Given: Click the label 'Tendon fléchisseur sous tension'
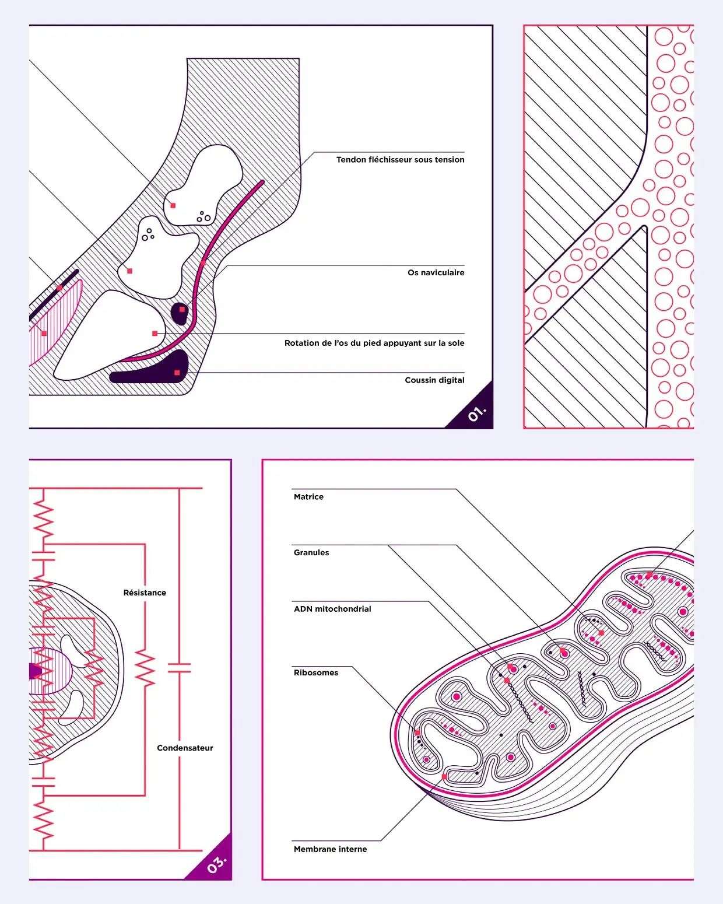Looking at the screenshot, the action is tap(400, 160).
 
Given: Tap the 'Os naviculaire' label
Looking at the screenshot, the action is tap(436, 272).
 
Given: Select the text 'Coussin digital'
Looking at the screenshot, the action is tap(434, 380).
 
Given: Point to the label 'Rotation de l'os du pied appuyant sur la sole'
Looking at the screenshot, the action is tap(374, 343).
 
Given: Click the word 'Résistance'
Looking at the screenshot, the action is tap(145, 593).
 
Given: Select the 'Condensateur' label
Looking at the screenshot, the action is tap(185, 748).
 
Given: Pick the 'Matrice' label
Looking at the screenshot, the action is tap(308, 496).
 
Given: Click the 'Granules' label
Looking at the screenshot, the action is tap(311, 552).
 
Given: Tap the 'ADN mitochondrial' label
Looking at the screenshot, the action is tap(332, 609).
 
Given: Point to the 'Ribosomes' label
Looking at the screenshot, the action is tap(316, 672).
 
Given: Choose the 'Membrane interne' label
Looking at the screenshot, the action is tap(330, 849).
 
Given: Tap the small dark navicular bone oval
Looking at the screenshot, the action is tap(180, 313).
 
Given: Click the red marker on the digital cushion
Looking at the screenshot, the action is tap(177, 373).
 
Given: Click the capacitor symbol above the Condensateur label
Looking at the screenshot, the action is tap(180, 668).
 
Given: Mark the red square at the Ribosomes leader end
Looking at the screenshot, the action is tap(417, 733).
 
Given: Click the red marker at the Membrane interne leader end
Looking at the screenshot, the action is tap(444, 777).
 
